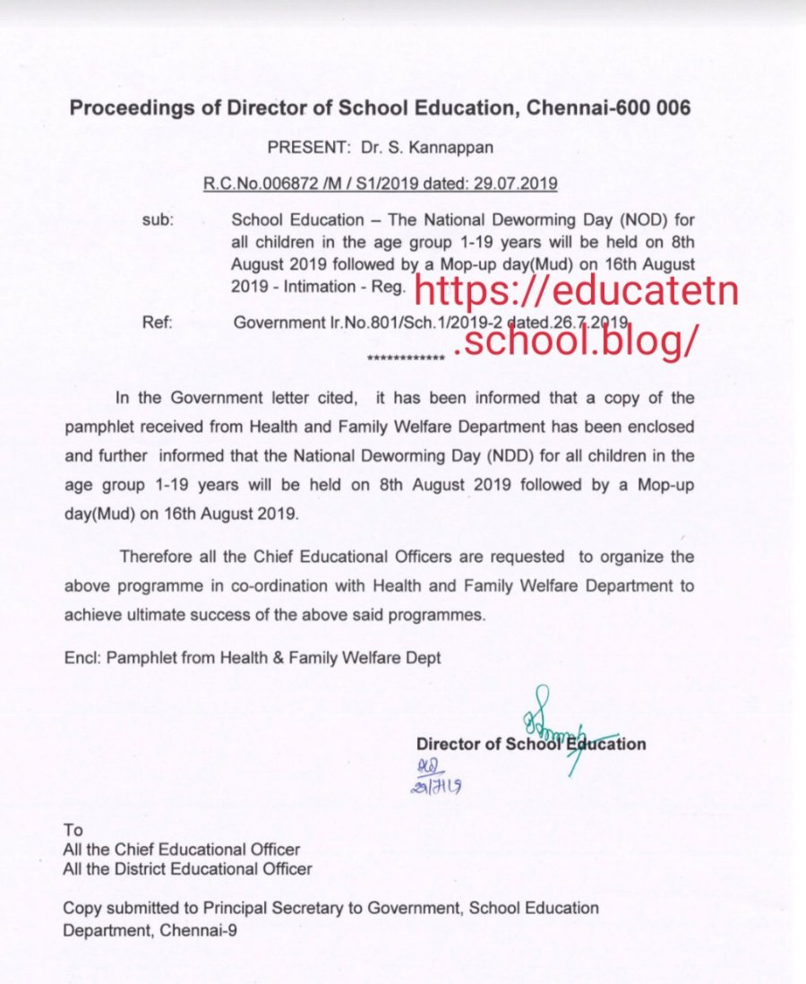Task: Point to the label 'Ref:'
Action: tap(157, 321)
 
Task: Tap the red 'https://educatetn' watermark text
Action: tap(578, 291)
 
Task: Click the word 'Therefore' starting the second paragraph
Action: tap(154, 557)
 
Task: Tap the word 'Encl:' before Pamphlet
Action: tap(82, 657)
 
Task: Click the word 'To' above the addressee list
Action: tap(73, 829)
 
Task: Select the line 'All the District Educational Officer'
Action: tap(187, 868)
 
